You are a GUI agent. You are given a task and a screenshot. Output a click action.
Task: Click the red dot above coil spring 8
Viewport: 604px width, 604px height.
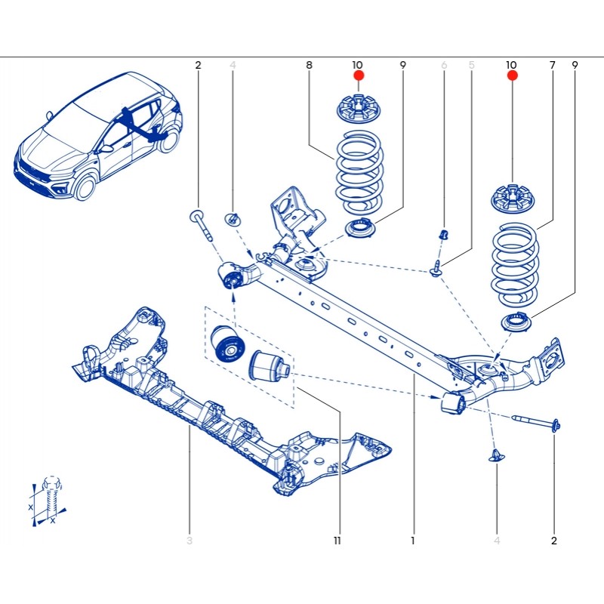359,76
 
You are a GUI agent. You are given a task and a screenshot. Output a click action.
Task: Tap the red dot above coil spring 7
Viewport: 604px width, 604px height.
512,76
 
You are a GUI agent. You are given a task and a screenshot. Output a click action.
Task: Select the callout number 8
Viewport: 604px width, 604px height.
309,66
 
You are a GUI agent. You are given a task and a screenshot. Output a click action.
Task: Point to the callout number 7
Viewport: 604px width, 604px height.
552,66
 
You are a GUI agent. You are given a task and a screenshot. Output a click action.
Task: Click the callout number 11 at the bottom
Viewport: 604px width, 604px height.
337,541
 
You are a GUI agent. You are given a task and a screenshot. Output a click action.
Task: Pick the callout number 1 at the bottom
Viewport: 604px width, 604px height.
413,541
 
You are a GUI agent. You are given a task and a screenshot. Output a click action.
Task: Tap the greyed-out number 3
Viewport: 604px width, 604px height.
190,541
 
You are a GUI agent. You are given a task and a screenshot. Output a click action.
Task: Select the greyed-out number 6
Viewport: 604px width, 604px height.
444,66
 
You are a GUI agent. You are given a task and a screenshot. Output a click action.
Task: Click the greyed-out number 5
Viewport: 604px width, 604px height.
471,66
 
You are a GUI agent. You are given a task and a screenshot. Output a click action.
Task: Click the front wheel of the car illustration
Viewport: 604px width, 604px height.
85,187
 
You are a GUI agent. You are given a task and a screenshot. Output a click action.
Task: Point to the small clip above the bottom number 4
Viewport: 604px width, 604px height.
497,455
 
